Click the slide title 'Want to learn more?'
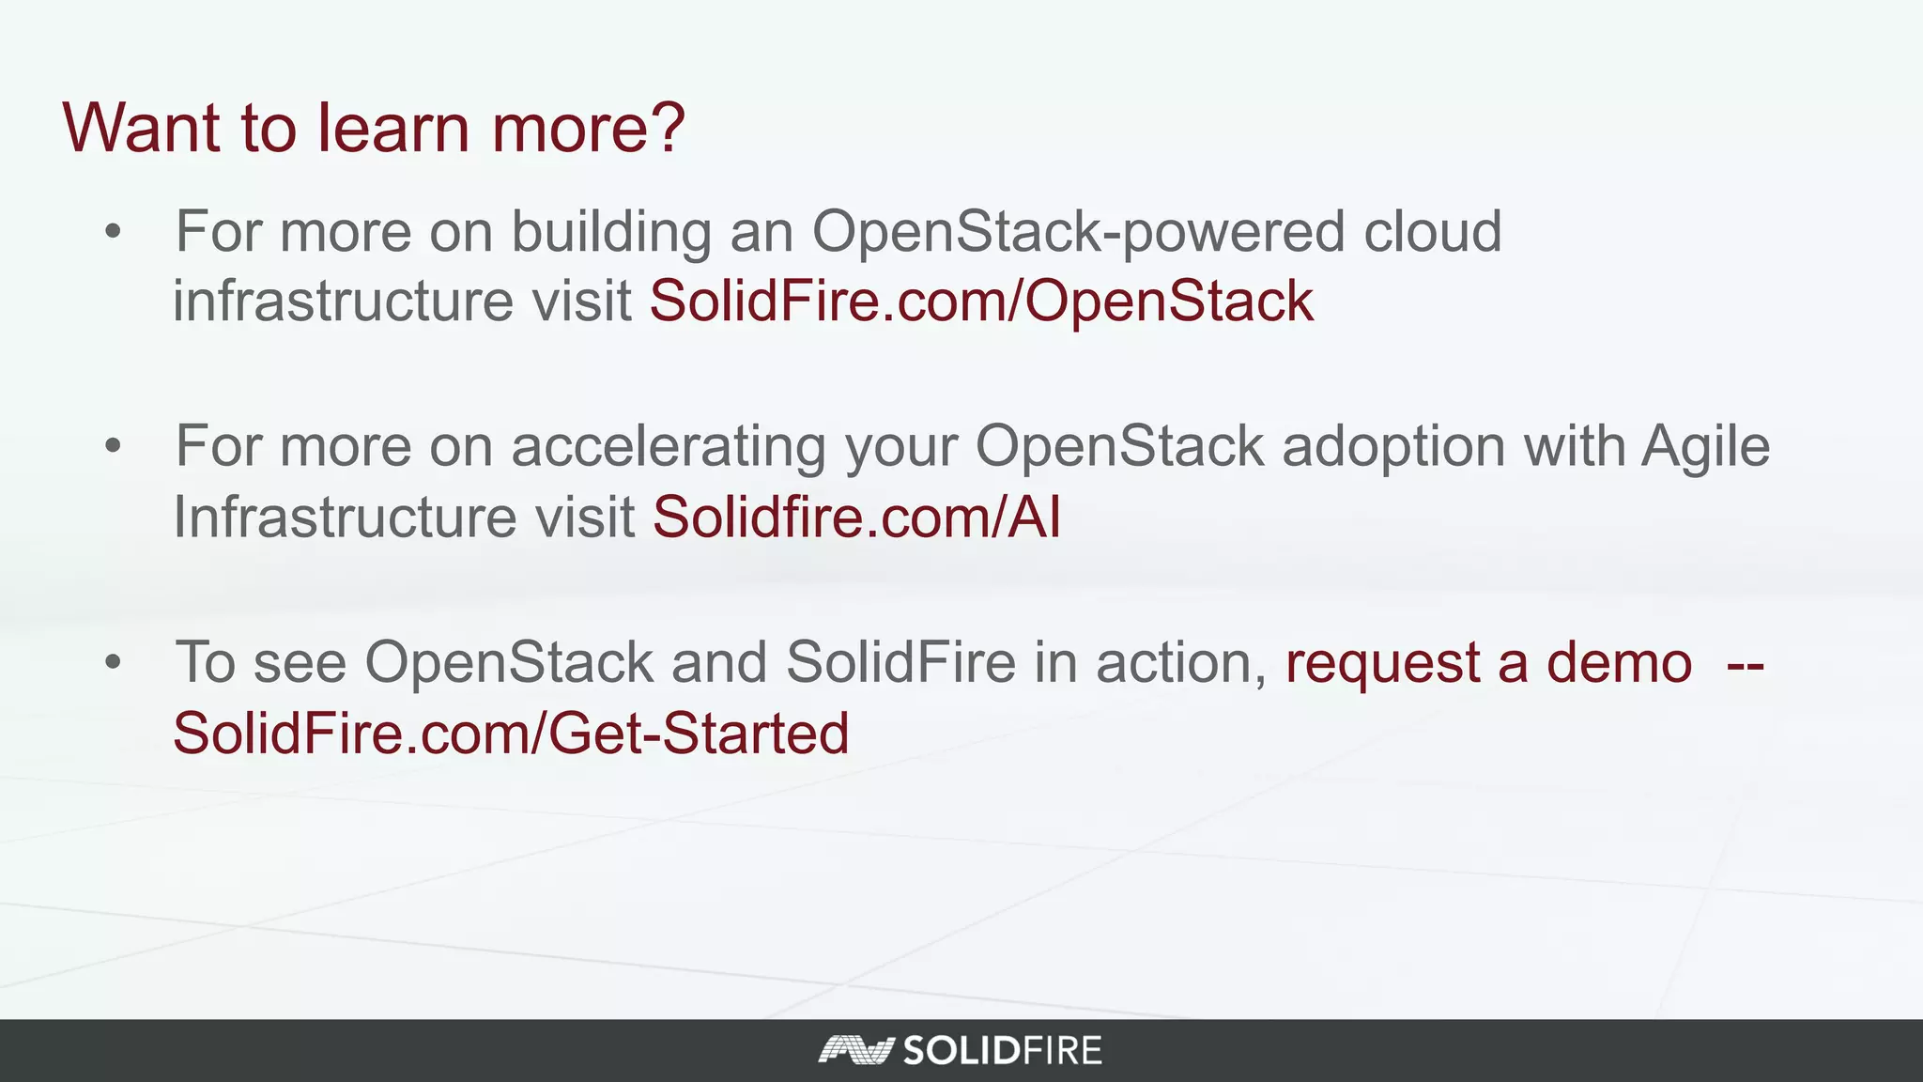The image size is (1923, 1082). point(374,128)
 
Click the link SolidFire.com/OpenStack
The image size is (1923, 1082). point(981,301)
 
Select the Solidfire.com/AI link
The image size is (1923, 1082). point(856,518)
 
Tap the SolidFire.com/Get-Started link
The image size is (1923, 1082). point(511,734)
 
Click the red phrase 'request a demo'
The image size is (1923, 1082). point(1488,663)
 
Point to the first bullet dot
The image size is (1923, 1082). point(114,232)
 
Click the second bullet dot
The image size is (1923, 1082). point(114,447)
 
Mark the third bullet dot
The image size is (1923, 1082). point(114,663)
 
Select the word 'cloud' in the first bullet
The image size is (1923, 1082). point(1432,231)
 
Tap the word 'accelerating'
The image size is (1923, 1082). point(669,447)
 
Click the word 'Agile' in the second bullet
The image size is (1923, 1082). point(1705,447)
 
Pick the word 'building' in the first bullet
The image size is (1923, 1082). point(611,232)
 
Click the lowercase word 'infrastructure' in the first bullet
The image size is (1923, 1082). point(344,301)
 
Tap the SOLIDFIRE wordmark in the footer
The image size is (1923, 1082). point(1002,1050)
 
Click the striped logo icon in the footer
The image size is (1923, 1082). point(854,1050)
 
